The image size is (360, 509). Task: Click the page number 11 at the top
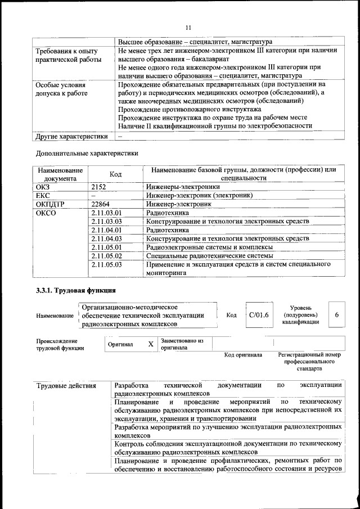click(x=188, y=26)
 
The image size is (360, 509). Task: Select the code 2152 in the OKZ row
click(x=98, y=187)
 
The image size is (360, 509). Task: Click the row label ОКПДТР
click(x=51, y=204)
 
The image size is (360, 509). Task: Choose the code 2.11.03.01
click(x=106, y=213)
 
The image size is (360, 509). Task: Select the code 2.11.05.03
click(x=106, y=264)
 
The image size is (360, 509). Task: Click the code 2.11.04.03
click(x=106, y=238)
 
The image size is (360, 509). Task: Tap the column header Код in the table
click(x=115, y=174)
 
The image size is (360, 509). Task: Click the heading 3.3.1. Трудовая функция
click(x=75, y=290)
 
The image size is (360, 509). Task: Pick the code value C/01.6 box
click(x=259, y=315)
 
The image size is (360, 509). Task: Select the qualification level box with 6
click(x=336, y=315)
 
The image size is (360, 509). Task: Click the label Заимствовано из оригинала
click(x=182, y=344)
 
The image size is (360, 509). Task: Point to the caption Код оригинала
click(x=243, y=355)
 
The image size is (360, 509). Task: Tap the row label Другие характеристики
click(x=71, y=136)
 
